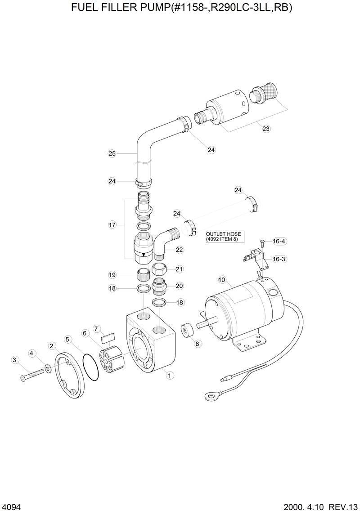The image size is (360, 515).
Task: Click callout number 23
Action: click(266, 129)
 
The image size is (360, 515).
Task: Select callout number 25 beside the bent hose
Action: click(112, 153)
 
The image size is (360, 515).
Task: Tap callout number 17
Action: click(112, 225)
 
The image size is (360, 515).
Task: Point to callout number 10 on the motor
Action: click(221, 280)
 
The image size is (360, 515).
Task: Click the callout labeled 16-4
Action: click(279, 242)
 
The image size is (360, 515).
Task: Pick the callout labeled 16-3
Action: click(279, 259)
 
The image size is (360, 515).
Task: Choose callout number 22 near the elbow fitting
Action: click(180, 250)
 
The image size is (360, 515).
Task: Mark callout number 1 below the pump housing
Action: click(169, 375)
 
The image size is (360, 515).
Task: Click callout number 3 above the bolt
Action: click(15, 359)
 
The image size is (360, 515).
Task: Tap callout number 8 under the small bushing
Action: click(198, 343)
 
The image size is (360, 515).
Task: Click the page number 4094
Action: click(11, 507)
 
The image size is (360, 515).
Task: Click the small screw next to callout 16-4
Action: click(262, 242)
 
